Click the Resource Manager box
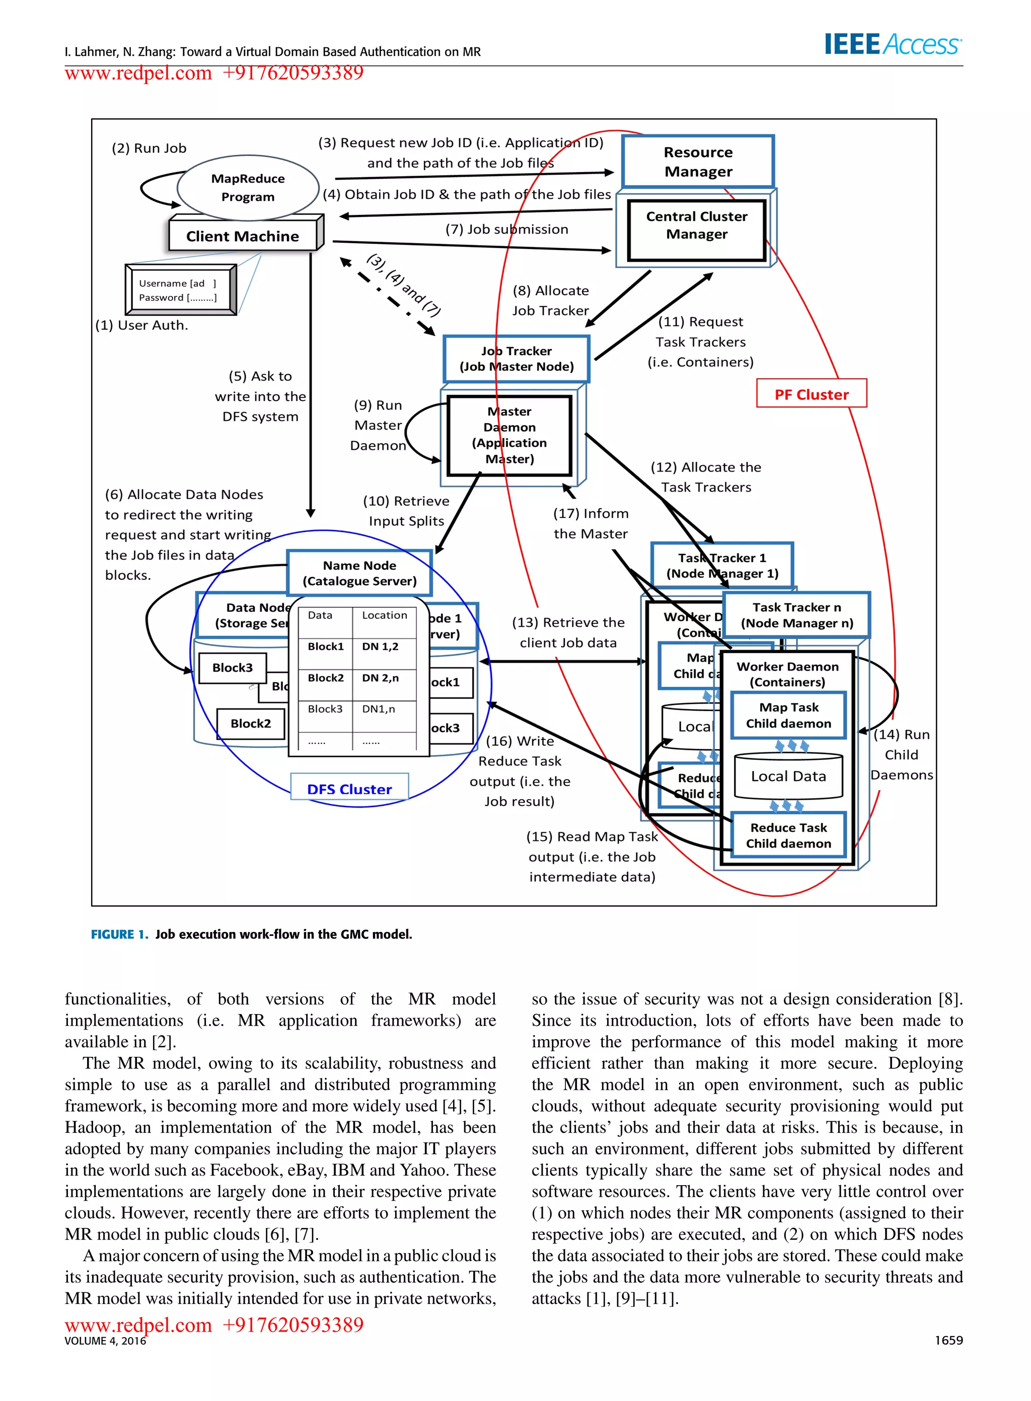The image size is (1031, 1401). pyautogui.click(x=698, y=162)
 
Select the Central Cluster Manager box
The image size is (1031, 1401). pyautogui.click(x=697, y=229)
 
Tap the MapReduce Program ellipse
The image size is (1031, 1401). pyautogui.click(x=248, y=188)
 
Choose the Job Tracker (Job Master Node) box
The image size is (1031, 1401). pyautogui.click(x=516, y=359)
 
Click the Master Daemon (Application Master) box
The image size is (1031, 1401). pyautogui.click(x=509, y=435)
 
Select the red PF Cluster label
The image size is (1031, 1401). pyautogui.click(x=812, y=394)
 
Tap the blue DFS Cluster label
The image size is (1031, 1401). pyautogui.click(x=349, y=789)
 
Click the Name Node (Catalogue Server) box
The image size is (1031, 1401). pyautogui.click(x=359, y=573)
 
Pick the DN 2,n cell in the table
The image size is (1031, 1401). pyautogui.click(x=380, y=678)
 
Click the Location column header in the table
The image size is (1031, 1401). pyautogui.click(x=385, y=615)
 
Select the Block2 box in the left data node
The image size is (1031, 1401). pyautogui.click(x=250, y=724)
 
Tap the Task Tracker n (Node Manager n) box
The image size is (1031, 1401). pyautogui.click(x=796, y=615)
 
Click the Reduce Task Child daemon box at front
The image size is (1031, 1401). pyautogui.click(x=788, y=835)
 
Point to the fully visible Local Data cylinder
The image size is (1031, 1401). pyautogui.click(x=788, y=776)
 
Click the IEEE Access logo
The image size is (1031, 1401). pyautogui.click(x=893, y=44)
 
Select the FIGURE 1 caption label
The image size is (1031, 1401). pyautogui.click(x=119, y=935)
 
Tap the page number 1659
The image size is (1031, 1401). pyautogui.click(x=948, y=1341)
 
